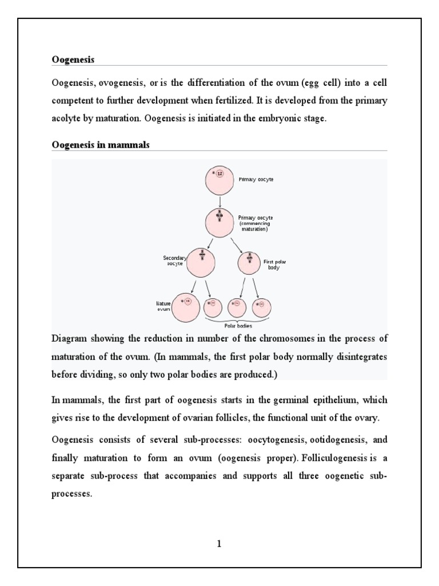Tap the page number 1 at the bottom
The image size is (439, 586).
coord(219,544)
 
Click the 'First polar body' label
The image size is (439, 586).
coord(274,264)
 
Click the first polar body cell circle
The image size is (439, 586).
coord(249,263)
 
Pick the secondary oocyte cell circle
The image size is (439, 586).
coord(201,263)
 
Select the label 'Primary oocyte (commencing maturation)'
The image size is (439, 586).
coord(256,223)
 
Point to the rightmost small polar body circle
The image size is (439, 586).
coord(262,307)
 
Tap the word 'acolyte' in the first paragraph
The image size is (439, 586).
coord(67,119)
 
